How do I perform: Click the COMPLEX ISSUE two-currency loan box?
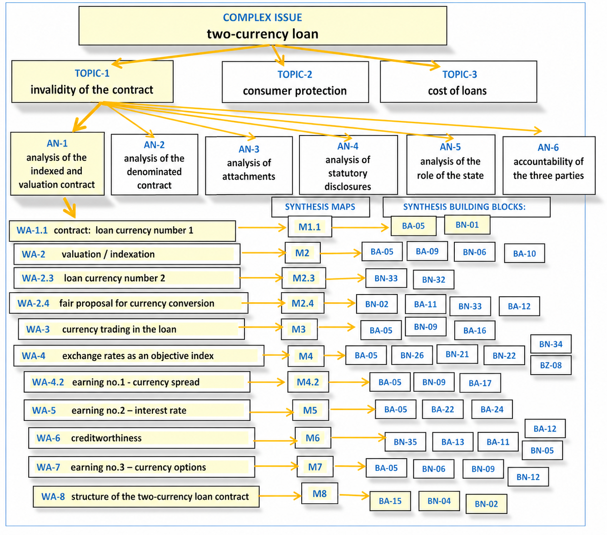(x=263, y=26)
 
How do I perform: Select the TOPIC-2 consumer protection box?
(x=295, y=82)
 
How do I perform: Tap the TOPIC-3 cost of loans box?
(x=458, y=82)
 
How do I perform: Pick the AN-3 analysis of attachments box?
(x=249, y=165)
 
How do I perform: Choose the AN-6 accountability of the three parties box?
(x=548, y=165)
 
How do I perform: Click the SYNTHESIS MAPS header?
(x=320, y=207)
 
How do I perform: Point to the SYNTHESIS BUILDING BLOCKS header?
(x=466, y=207)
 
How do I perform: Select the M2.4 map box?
(x=303, y=303)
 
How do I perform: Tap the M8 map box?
(x=319, y=493)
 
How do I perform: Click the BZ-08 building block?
(x=551, y=365)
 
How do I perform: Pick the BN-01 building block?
(x=467, y=225)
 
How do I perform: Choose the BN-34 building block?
(x=551, y=344)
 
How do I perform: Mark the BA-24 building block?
(x=492, y=409)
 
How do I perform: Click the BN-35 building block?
(x=405, y=442)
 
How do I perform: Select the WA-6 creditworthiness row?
(x=141, y=438)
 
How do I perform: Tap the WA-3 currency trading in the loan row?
(x=131, y=329)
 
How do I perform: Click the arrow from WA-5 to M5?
(x=272, y=412)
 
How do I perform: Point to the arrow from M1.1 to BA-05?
(x=360, y=227)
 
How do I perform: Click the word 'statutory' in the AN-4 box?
(x=348, y=173)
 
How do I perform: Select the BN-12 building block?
(x=528, y=477)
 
